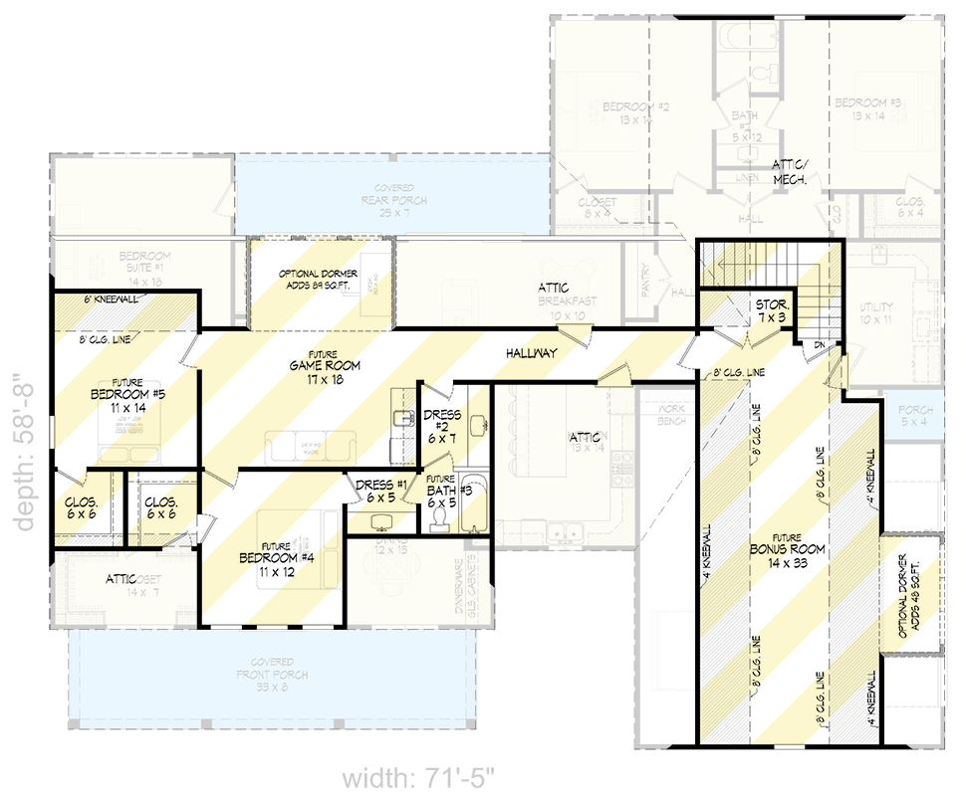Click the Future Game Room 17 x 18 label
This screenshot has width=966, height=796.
(325, 366)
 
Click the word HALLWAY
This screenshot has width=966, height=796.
(531, 353)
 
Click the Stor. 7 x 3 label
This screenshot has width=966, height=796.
(773, 309)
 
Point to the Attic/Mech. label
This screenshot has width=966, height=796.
(796, 171)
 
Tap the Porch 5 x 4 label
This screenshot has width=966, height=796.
(915, 415)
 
